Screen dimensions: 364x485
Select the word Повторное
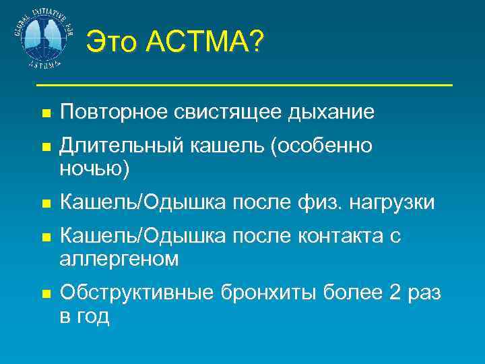coord(112,112)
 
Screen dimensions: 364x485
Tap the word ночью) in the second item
coord(94,169)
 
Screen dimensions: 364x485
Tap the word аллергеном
coord(119,259)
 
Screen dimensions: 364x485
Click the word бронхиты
coord(258,294)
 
